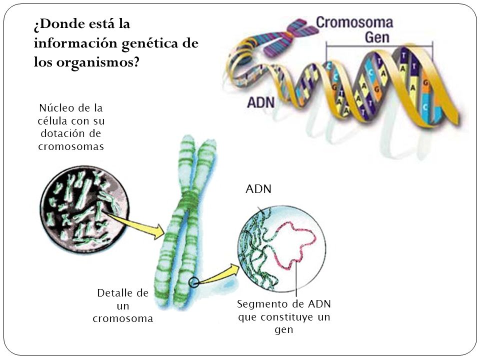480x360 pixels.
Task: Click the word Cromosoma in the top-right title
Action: click(x=354, y=23)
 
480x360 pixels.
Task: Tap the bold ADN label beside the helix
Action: click(x=260, y=103)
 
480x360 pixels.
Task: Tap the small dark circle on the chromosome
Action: click(x=194, y=282)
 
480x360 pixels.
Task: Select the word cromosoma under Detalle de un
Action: click(x=122, y=318)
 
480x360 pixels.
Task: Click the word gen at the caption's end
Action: click(x=283, y=330)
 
